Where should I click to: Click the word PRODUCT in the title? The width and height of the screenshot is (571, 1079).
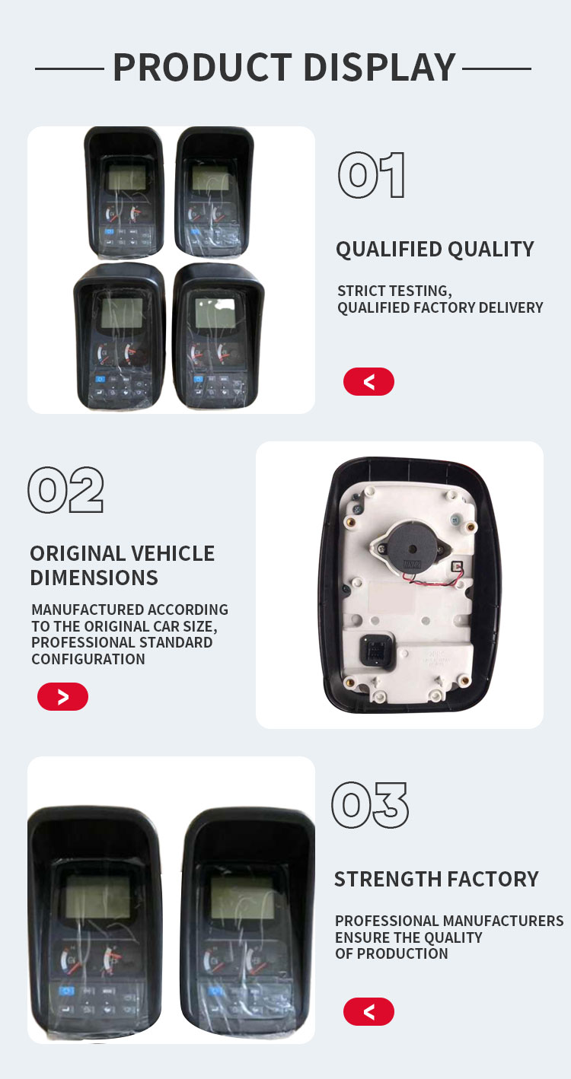pos(203,67)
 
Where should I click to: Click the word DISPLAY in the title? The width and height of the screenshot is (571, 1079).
pos(379,67)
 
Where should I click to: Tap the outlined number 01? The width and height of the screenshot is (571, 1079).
pos(372,175)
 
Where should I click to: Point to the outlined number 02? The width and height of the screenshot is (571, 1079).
pos(65,489)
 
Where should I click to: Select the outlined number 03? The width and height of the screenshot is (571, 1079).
pos(370,805)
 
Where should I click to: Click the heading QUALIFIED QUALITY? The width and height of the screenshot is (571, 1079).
pos(435,249)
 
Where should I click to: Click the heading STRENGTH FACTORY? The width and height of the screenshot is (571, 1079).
pos(436,879)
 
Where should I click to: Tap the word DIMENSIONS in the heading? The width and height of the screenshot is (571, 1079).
pos(94,578)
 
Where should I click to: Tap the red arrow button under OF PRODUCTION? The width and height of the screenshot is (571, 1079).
pos(368,1011)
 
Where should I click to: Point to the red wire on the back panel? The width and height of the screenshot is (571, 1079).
pos(434,578)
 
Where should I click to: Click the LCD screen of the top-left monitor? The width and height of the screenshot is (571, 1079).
pos(126,177)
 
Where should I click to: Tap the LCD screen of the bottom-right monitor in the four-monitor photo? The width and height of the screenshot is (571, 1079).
pos(215,312)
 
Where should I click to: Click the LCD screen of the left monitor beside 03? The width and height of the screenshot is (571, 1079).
pos(97,896)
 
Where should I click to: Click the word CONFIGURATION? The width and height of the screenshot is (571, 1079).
pos(88,659)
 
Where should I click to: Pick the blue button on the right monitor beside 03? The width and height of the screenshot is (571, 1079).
pos(215,991)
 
